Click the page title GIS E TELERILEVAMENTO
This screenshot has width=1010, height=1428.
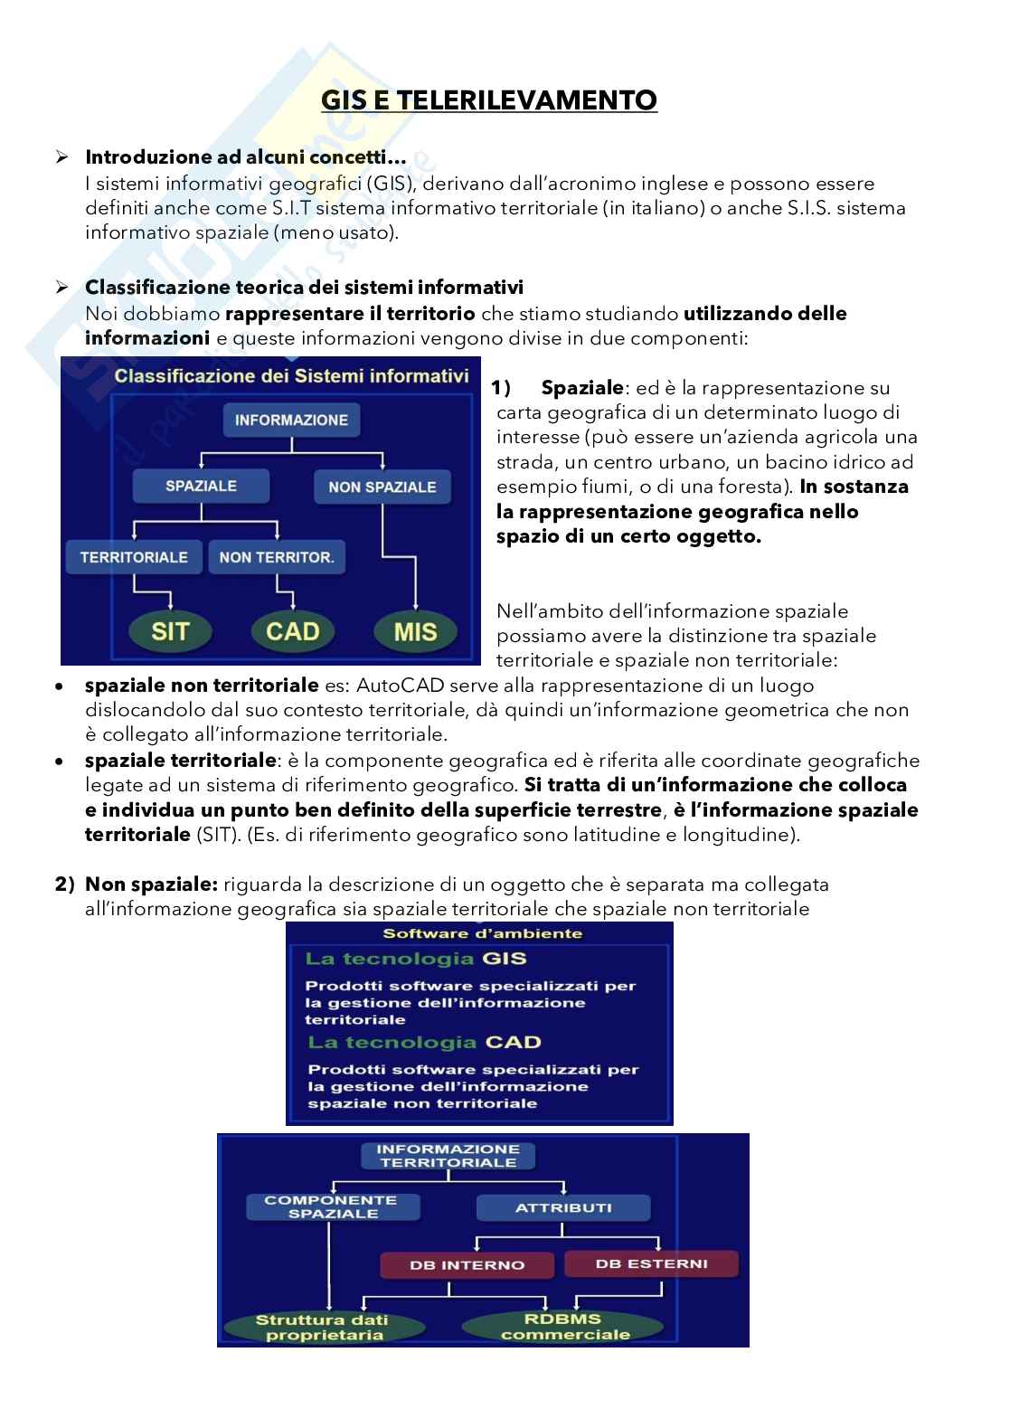(489, 99)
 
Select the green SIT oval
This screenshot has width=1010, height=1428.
(170, 630)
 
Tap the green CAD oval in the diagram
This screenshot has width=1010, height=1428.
(293, 630)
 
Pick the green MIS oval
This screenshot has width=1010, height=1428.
(415, 631)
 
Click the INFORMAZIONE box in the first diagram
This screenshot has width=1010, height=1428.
(291, 420)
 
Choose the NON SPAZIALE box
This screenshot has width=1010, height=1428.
(382, 487)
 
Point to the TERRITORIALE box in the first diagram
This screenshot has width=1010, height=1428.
(134, 557)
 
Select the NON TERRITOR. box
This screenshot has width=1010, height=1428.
(277, 557)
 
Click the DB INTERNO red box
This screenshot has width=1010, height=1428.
(467, 1265)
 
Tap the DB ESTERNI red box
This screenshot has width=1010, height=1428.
(651, 1263)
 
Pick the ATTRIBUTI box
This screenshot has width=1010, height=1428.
(563, 1207)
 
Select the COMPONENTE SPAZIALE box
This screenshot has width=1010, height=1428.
(334, 1206)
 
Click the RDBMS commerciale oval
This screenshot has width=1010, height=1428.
(565, 1327)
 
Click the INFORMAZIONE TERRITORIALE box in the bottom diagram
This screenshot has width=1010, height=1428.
(448, 1156)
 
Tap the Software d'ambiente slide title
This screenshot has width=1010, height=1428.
(482, 933)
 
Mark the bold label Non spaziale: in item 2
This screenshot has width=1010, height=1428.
(151, 884)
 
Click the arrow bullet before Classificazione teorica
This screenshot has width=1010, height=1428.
(62, 288)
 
